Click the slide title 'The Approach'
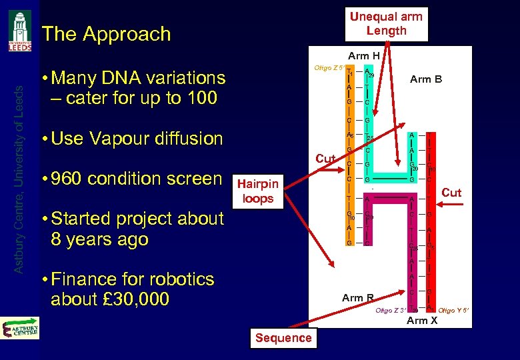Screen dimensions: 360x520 tap(106, 34)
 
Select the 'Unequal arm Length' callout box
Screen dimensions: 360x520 tap(386, 24)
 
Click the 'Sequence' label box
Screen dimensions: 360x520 tap(283, 338)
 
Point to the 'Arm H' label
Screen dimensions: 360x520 tap(363, 57)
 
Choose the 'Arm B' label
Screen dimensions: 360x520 tap(425, 79)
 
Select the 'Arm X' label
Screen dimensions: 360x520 tap(422, 321)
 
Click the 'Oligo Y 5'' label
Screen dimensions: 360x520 tap(454, 311)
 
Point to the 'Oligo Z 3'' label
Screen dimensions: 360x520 tap(391, 311)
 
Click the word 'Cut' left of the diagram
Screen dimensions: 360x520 tap(325, 159)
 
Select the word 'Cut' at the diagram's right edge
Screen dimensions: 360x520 tap(451, 193)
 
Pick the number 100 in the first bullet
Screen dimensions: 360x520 tap(201, 98)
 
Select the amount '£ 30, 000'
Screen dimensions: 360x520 tap(140, 299)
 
